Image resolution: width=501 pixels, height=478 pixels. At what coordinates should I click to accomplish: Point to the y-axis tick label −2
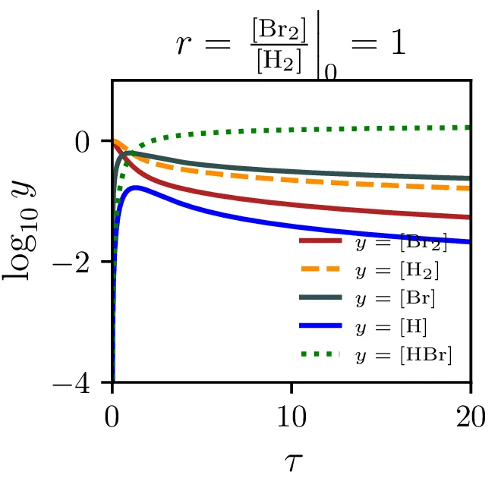pos(82,262)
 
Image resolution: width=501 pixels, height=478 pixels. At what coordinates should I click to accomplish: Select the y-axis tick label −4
pos(82,383)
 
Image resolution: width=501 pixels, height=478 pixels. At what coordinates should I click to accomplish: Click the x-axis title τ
pos(291,458)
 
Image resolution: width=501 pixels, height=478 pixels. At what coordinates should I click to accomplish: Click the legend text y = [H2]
pos(397,270)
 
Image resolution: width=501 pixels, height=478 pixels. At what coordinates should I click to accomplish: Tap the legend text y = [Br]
pos(395,299)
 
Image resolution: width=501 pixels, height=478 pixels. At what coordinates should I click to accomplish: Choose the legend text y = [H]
pos(391,327)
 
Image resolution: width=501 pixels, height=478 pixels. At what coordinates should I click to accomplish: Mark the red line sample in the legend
pos(322,242)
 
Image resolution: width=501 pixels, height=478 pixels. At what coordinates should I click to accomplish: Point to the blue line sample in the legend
pos(322,327)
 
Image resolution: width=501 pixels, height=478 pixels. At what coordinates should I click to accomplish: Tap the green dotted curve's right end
pos(470,127)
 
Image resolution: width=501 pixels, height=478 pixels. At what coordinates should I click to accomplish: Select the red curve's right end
pos(470,217)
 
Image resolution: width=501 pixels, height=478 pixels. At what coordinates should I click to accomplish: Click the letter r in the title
pos(182,46)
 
